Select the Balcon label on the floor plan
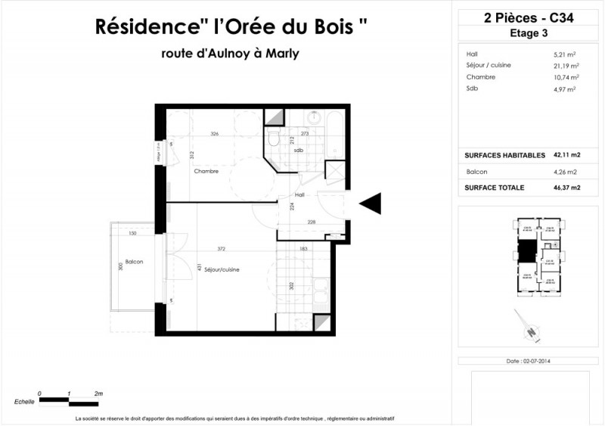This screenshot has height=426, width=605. click(135, 262)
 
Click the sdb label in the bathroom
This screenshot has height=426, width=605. click(299, 150)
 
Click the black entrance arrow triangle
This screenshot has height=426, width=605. click(371, 203)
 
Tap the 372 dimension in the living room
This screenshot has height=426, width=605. click(221, 249)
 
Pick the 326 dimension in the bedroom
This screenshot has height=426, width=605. click(214, 134)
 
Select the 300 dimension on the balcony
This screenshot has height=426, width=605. click(119, 266)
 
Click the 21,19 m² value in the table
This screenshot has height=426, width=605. click(565, 66)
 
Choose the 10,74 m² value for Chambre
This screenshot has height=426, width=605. click(565, 77)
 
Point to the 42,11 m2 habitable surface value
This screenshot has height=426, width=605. click(566, 155)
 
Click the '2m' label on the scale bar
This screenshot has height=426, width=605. click(98, 394)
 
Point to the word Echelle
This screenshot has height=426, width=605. click(24, 402)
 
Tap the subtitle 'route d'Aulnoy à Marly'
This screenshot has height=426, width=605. click(230, 54)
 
